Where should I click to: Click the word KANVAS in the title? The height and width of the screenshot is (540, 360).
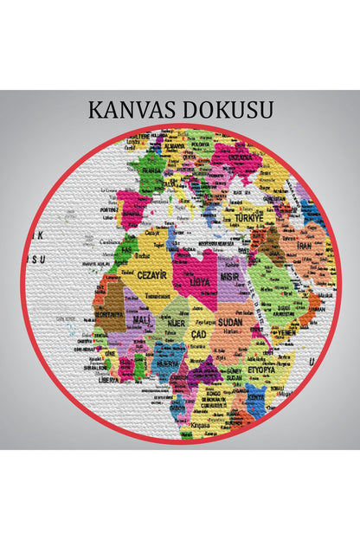click(x=131, y=110)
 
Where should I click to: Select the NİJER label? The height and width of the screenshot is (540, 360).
click(x=176, y=322)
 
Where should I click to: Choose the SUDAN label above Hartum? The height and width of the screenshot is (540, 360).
click(x=234, y=320)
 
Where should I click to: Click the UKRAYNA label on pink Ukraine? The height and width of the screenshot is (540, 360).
click(x=234, y=158)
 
